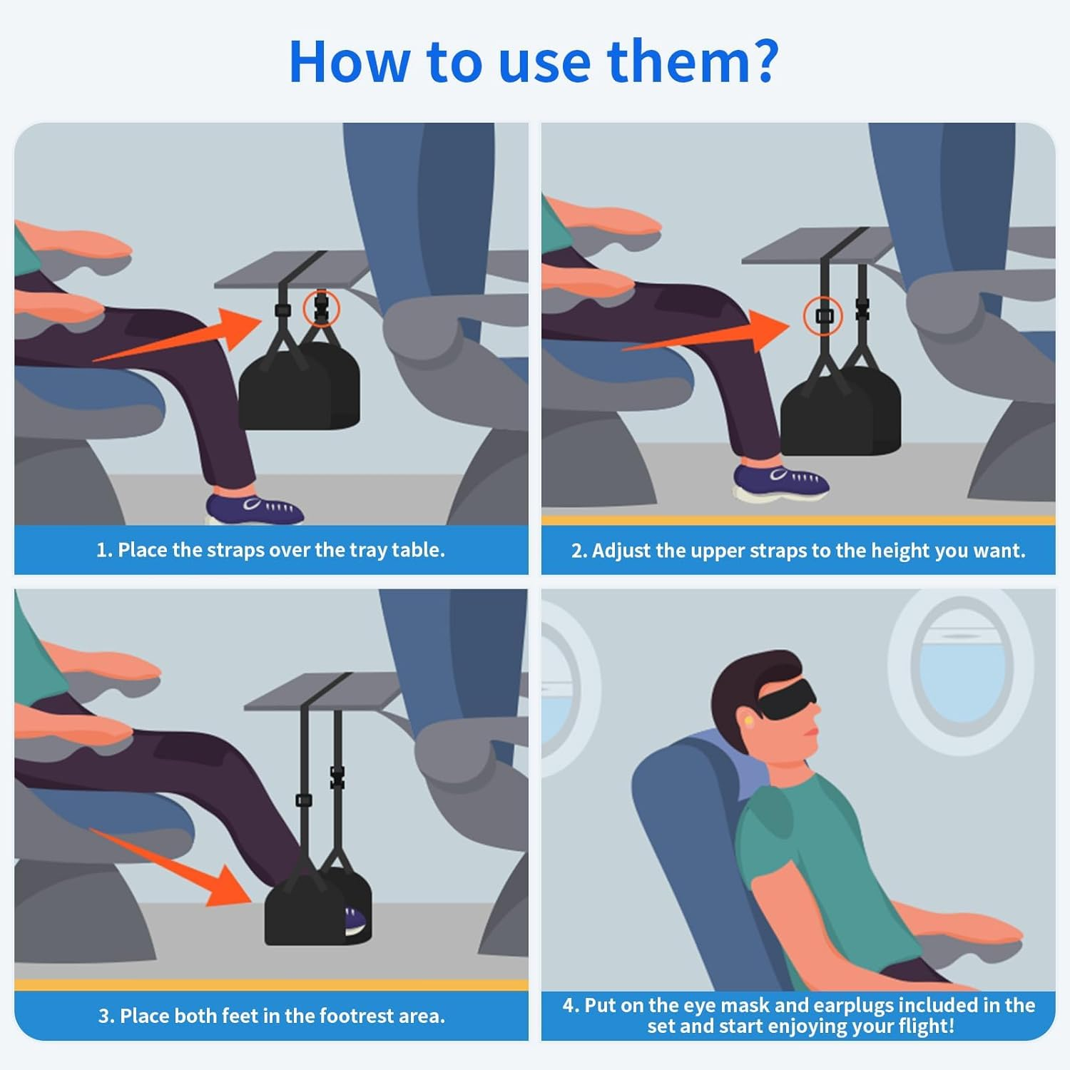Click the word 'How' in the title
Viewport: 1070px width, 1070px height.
(x=349, y=61)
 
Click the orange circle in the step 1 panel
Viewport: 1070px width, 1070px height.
(x=321, y=308)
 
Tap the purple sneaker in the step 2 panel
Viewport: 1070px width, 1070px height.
(x=781, y=481)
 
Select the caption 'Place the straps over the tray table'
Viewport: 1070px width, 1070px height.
(x=270, y=550)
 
